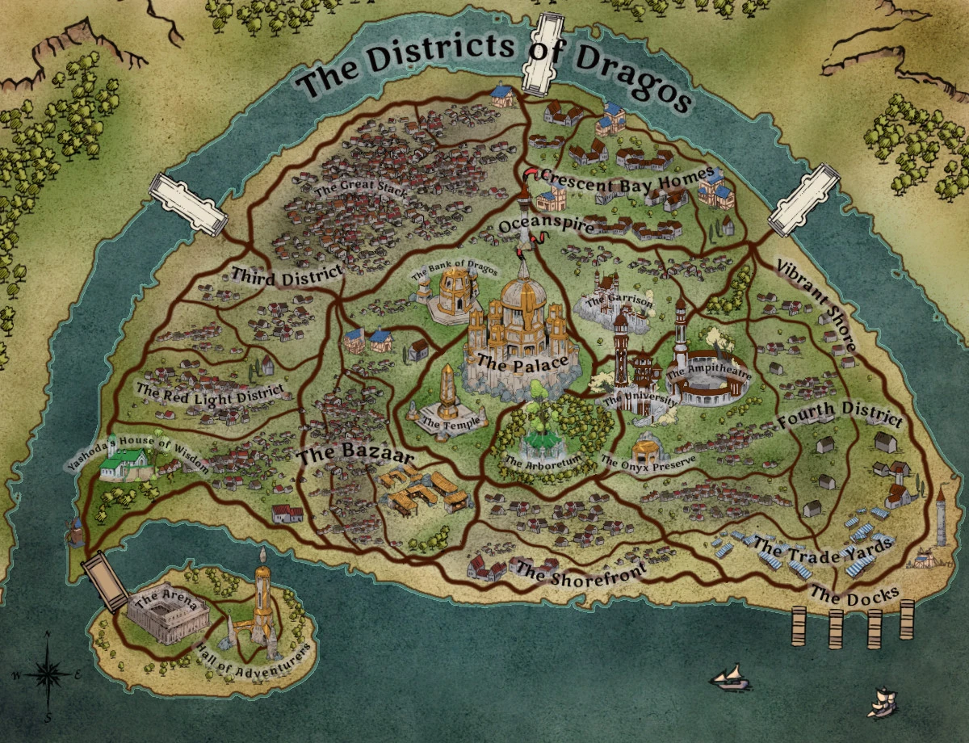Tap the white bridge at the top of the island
[542, 52]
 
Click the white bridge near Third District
[187, 204]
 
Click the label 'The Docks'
[854, 597]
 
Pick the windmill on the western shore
[75, 531]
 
